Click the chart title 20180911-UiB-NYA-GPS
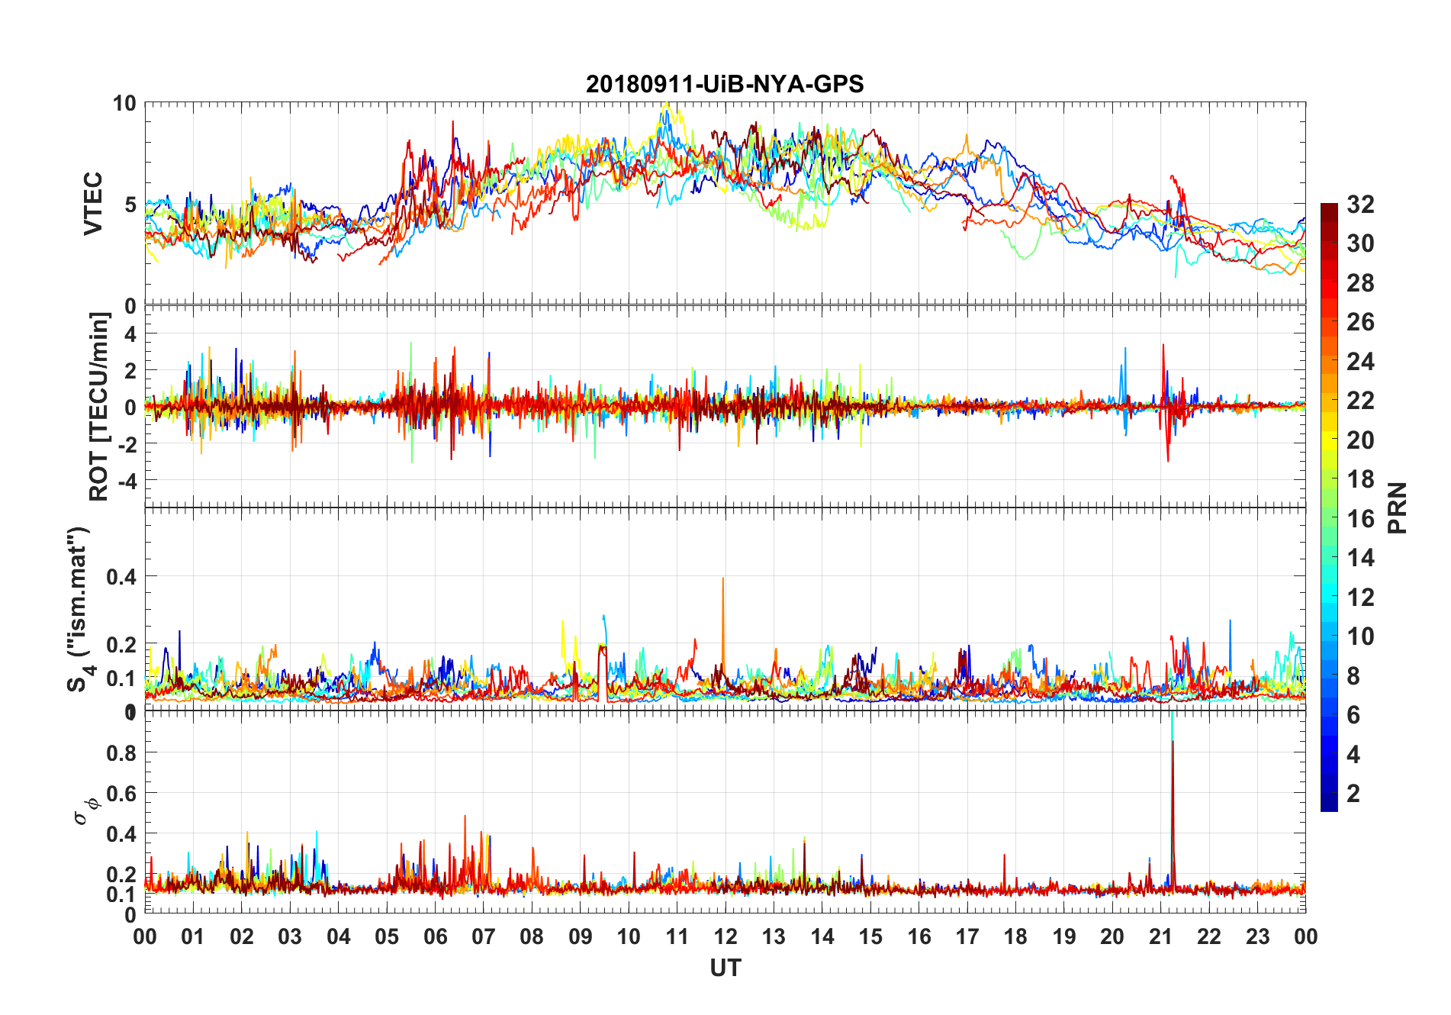[725, 84]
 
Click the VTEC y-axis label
[93, 204]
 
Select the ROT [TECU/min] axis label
[99, 406]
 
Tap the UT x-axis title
[725, 968]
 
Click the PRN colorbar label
[1397, 507]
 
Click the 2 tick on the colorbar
[1353, 794]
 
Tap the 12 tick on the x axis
[725, 936]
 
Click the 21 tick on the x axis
[1160, 936]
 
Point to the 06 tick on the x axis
[435, 936]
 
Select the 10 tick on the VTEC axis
[124, 104]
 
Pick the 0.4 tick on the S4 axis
[122, 577]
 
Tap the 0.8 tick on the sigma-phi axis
[122, 753]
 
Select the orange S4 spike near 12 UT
[722, 603]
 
